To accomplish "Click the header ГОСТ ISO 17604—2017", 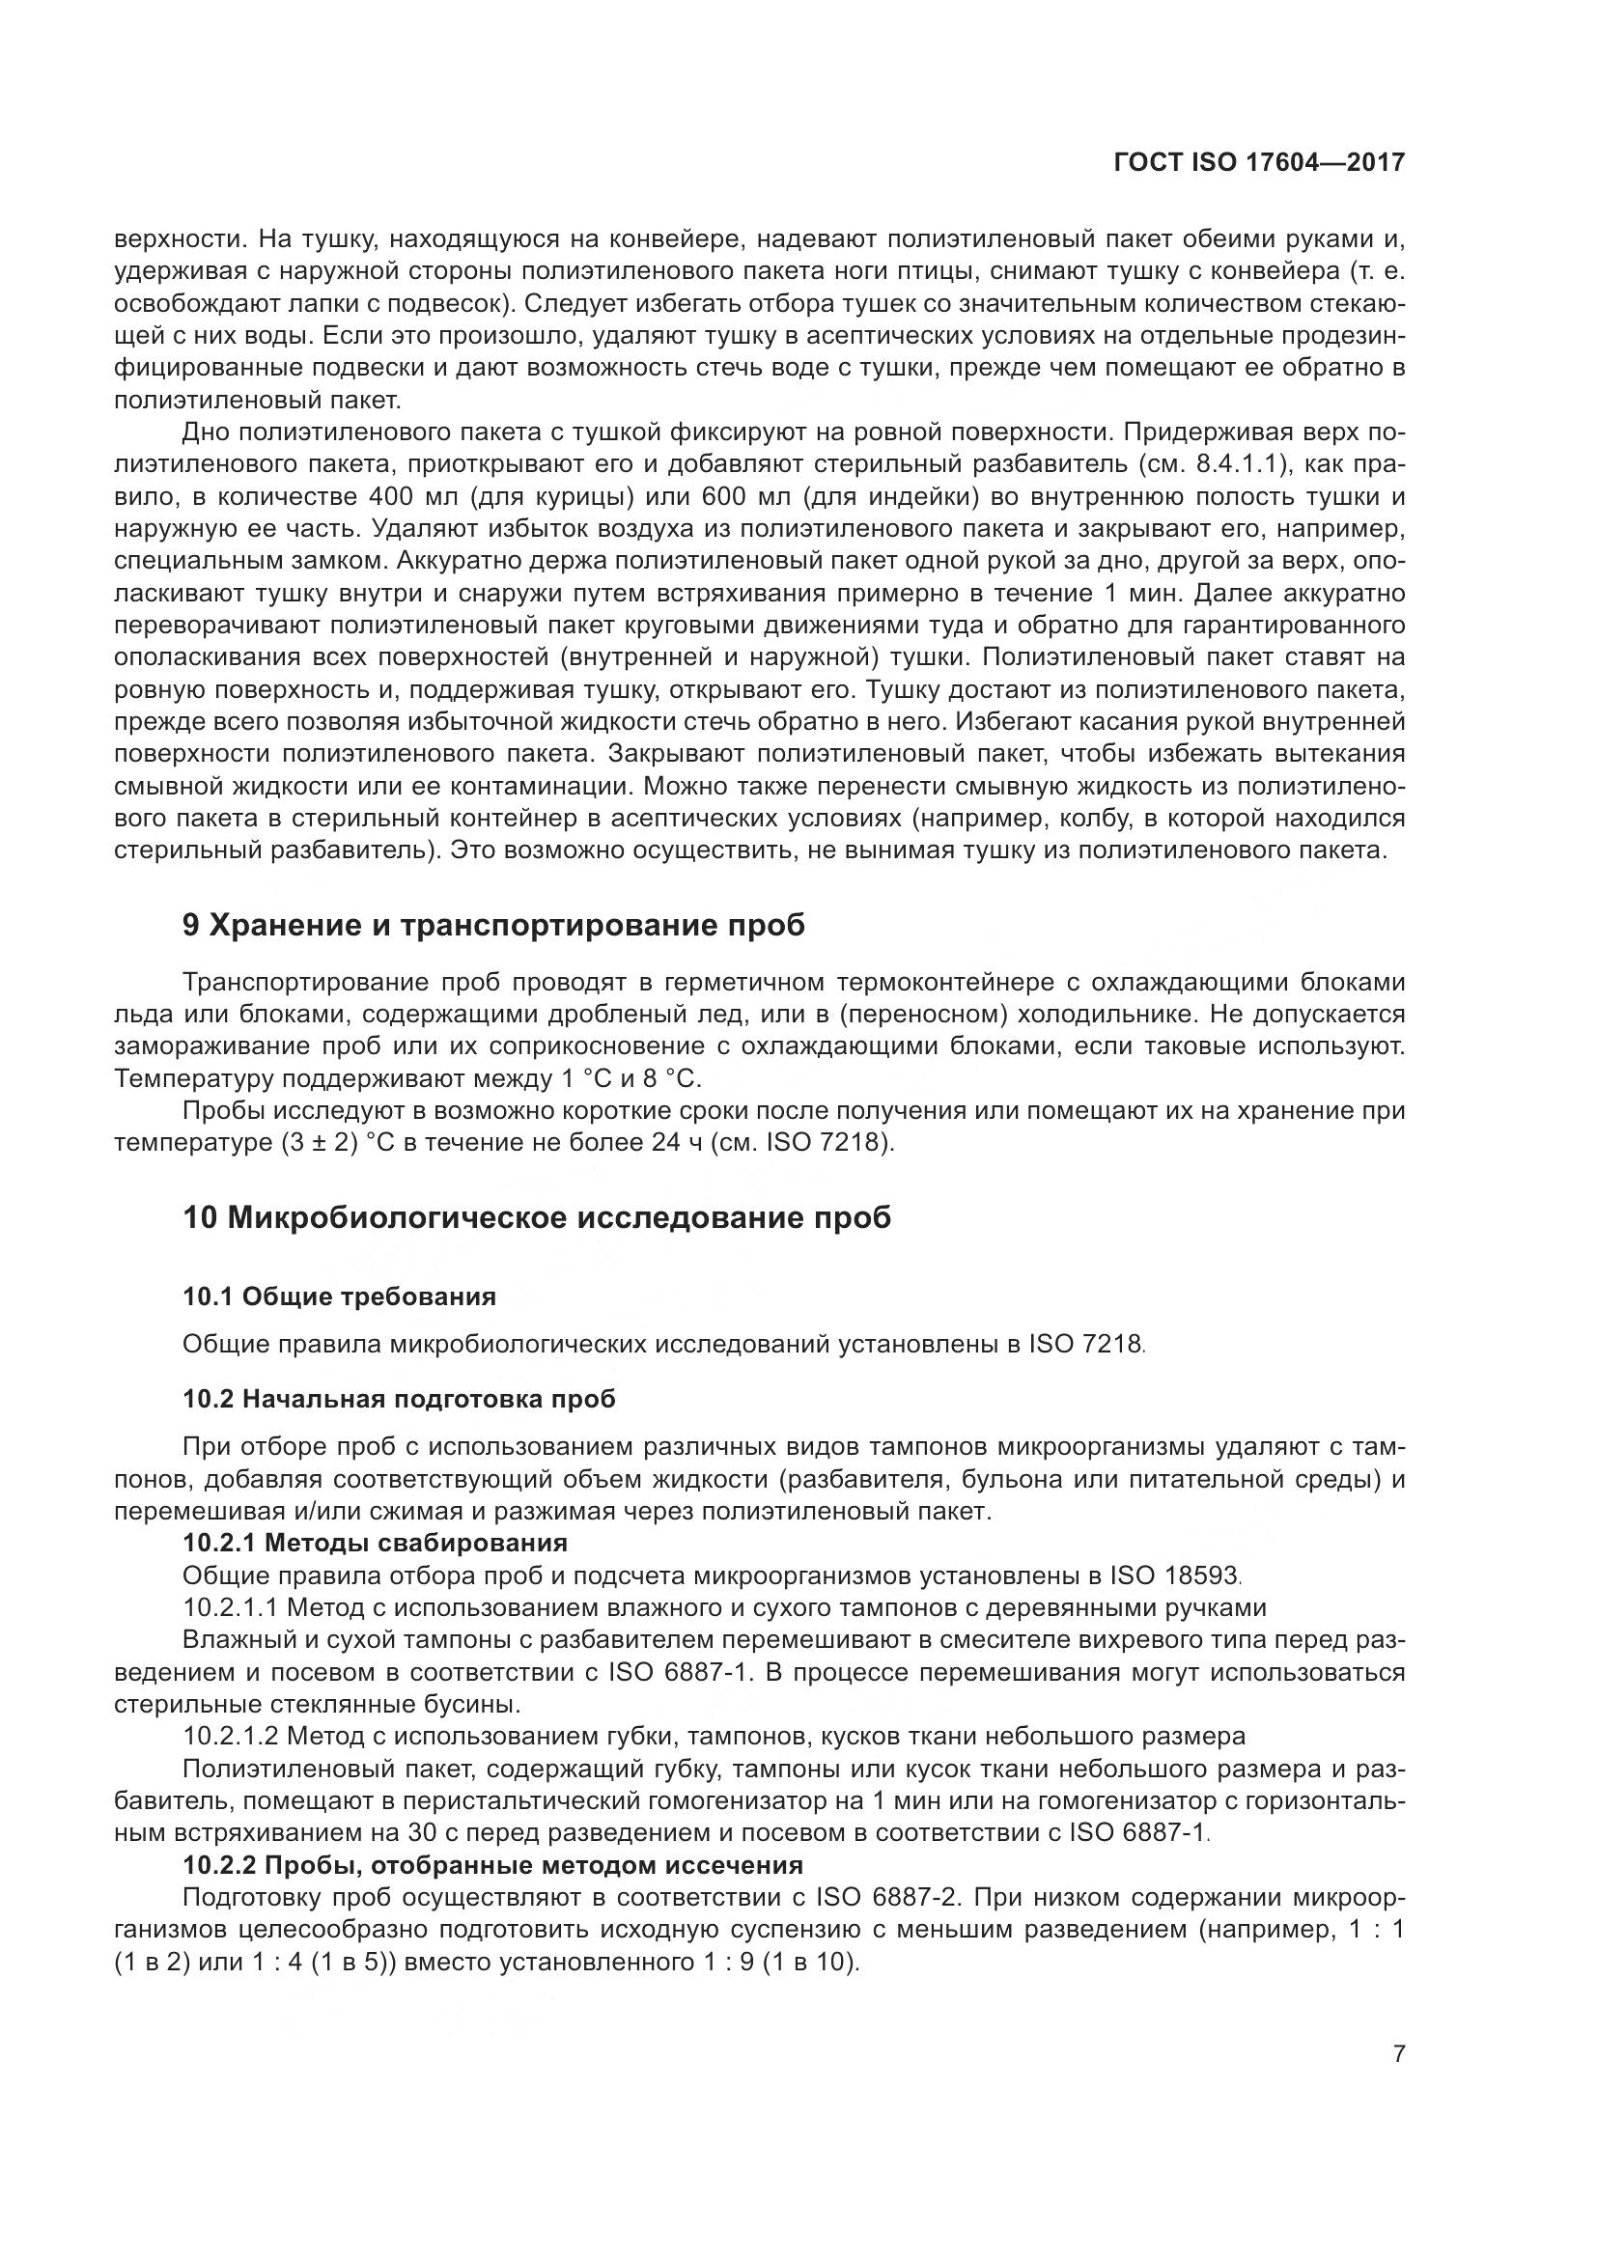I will pos(1259,163).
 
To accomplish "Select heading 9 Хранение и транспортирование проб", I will pos(493,926).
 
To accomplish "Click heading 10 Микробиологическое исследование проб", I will pos(537,1217).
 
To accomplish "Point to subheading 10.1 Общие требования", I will pos(339,1296).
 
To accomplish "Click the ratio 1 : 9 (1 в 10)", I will pos(772,1961).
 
